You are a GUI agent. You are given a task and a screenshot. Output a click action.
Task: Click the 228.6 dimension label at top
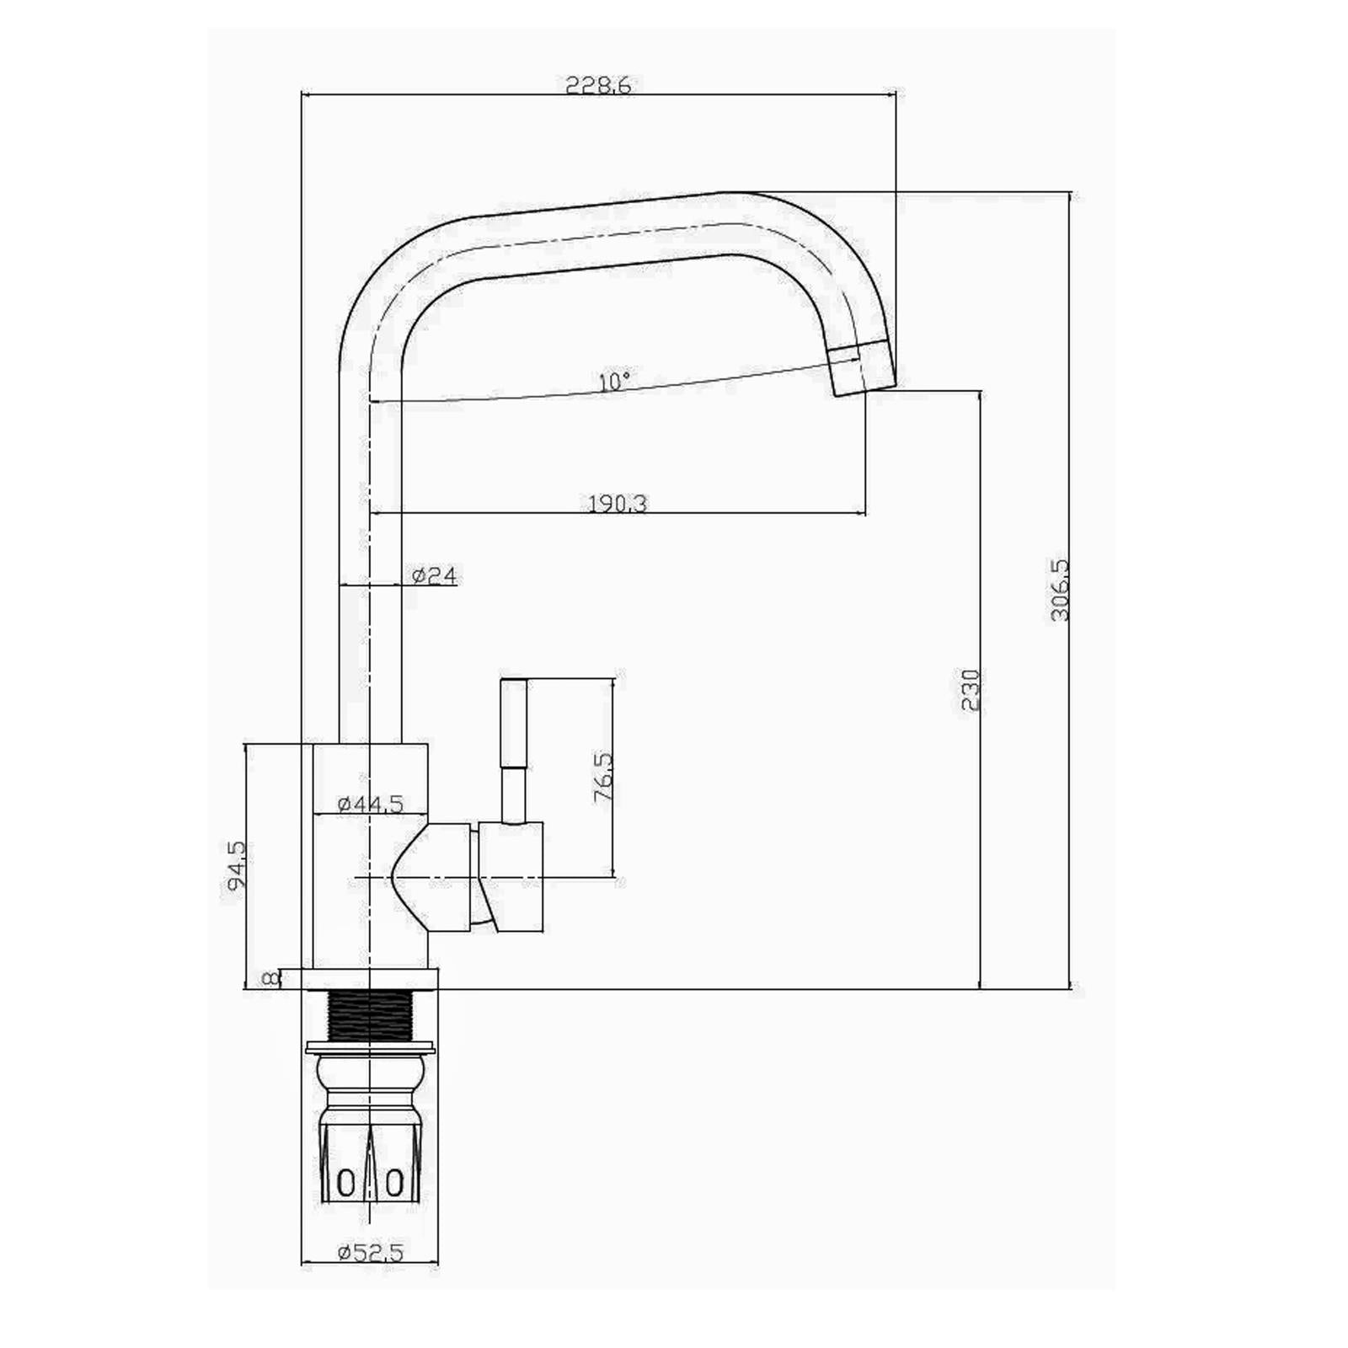(x=598, y=85)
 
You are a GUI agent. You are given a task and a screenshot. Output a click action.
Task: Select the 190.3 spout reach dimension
(x=617, y=504)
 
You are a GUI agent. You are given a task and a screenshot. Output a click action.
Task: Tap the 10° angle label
(x=613, y=382)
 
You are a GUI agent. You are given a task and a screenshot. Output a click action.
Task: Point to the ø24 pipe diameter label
(x=435, y=576)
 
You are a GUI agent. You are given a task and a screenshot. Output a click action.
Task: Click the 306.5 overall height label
(x=1060, y=590)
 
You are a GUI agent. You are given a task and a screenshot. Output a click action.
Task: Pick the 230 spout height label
(x=971, y=690)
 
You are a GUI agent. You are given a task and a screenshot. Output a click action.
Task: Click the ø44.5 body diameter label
(x=371, y=804)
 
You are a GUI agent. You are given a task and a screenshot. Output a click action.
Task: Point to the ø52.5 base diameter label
(x=371, y=1276)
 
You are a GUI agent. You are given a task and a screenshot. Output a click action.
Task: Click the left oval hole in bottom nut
(x=345, y=1183)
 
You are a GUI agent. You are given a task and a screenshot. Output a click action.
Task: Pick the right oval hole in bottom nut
(x=394, y=1183)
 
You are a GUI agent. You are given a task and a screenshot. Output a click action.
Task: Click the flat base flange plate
(x=371, y=978)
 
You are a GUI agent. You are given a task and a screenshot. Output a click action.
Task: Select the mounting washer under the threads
(x=371, y=1048)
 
